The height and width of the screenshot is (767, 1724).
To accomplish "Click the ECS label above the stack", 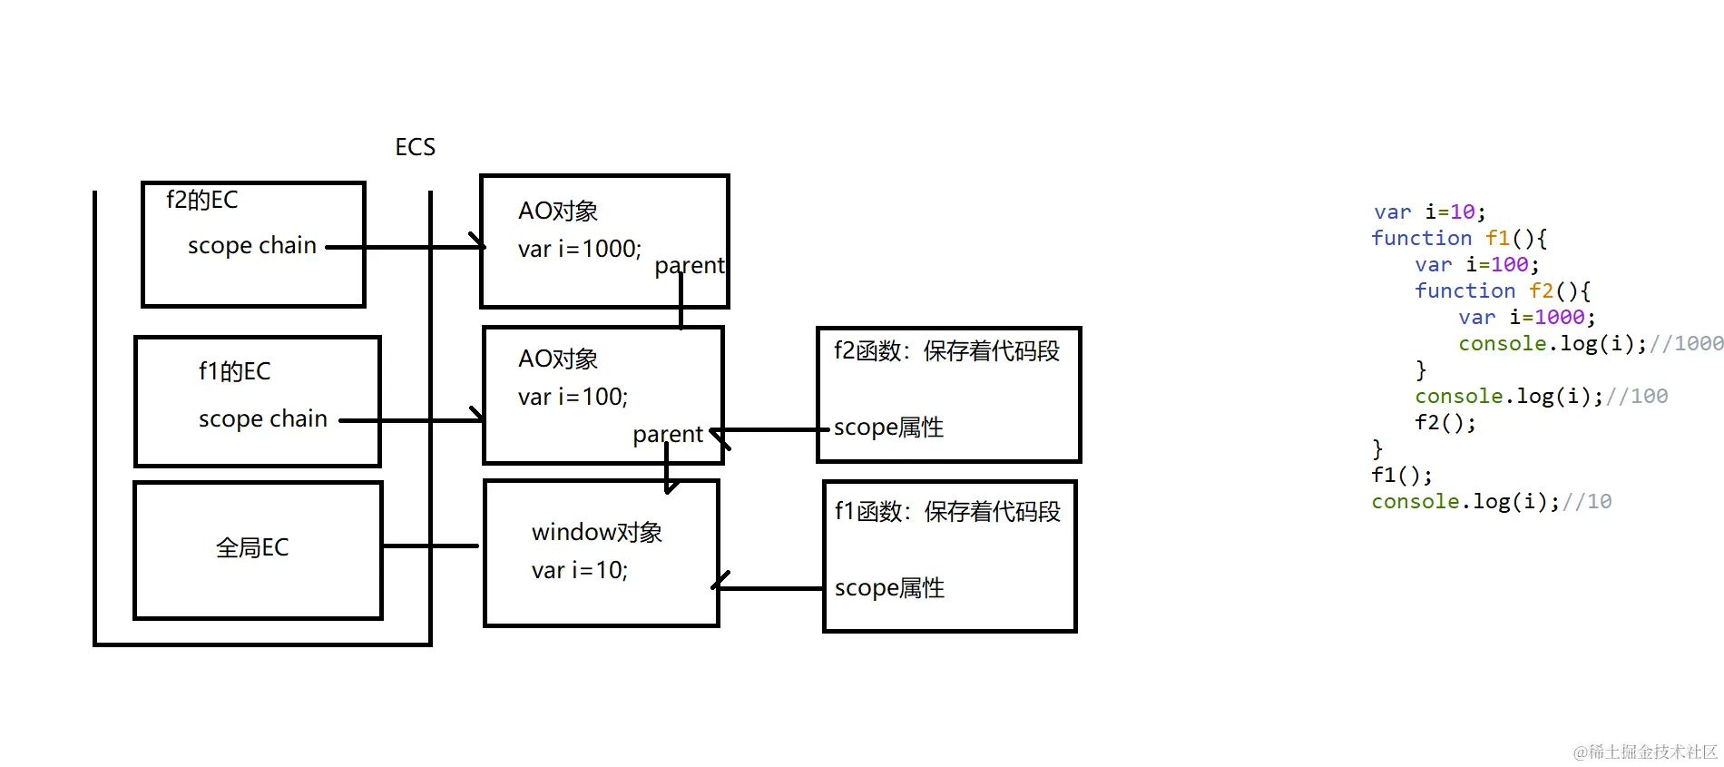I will (415, 147).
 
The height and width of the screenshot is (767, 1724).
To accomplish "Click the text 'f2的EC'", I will (201, 200).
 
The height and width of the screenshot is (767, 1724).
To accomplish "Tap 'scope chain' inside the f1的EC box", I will (262, 418).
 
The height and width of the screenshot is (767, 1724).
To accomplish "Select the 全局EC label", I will (252, 547).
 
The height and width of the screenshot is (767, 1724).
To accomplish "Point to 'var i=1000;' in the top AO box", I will (579, 249).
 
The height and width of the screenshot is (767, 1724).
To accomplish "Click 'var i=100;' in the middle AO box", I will (573, 397).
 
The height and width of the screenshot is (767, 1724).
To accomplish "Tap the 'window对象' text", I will (596, 532).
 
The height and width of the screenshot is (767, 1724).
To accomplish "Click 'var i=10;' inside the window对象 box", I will (579, 570).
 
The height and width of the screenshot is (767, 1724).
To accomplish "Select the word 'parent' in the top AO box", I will (690, 266).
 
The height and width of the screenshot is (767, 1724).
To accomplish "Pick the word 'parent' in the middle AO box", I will (668, 435).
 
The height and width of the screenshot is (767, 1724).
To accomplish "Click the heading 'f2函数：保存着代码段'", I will (946, 351).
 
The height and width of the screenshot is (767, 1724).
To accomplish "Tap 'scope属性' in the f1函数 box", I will (889, 588).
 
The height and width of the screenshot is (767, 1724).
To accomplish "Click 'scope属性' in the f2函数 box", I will (888, 428).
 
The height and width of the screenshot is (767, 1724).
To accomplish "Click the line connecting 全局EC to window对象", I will (431, 546).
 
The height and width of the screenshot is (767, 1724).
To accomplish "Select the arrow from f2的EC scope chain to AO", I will (408, 247).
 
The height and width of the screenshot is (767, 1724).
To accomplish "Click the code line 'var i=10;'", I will (1429, 212).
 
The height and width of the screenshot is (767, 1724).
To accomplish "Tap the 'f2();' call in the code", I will (1445, 423).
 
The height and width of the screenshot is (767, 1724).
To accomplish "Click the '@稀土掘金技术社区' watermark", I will (1645, 752).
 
